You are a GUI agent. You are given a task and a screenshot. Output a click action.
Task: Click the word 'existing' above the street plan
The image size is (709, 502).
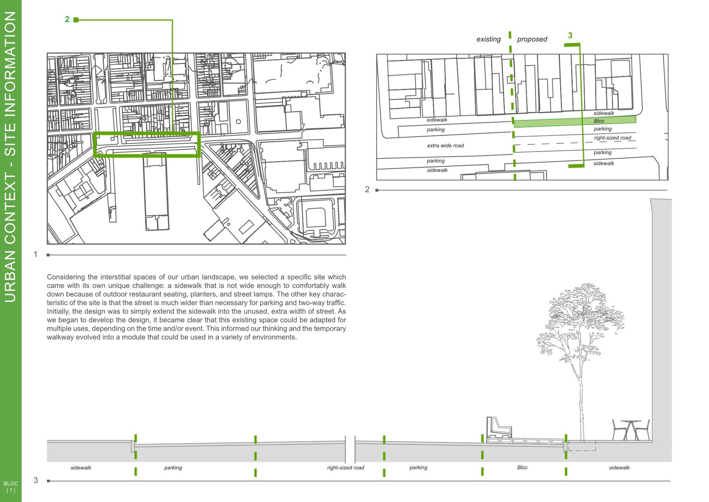coord(489,39)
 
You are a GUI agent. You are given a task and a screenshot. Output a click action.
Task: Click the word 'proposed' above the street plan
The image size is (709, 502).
coord(532,39)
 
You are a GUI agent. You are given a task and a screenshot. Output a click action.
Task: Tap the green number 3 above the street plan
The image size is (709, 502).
coord(570,35)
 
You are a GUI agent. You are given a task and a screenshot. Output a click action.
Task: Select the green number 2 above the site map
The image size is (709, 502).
coord(67,19)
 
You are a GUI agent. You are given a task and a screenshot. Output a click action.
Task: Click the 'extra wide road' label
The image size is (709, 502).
coord(445,146)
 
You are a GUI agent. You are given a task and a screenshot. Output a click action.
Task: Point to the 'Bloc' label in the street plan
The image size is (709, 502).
coord(599,121)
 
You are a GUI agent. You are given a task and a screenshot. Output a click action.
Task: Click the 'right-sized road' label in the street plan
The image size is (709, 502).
coord(613,138)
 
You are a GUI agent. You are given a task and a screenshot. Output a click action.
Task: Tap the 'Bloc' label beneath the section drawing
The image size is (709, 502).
coord(522,467)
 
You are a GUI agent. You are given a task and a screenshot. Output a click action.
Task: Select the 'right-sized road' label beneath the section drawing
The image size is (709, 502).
coord(346,468)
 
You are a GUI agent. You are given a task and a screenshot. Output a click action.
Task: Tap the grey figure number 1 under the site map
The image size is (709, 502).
coord(35,254)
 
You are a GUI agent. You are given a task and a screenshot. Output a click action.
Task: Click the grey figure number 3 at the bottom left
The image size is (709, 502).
coord(35,480)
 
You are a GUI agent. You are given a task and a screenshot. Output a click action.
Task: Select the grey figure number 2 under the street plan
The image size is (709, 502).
coord(367,190)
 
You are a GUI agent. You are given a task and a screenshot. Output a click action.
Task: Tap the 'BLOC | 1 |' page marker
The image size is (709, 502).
coord(11,487)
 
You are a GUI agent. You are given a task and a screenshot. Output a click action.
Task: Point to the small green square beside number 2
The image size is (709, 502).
coord(76,20)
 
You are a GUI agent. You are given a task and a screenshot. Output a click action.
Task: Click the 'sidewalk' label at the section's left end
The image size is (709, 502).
coord(81,468)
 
